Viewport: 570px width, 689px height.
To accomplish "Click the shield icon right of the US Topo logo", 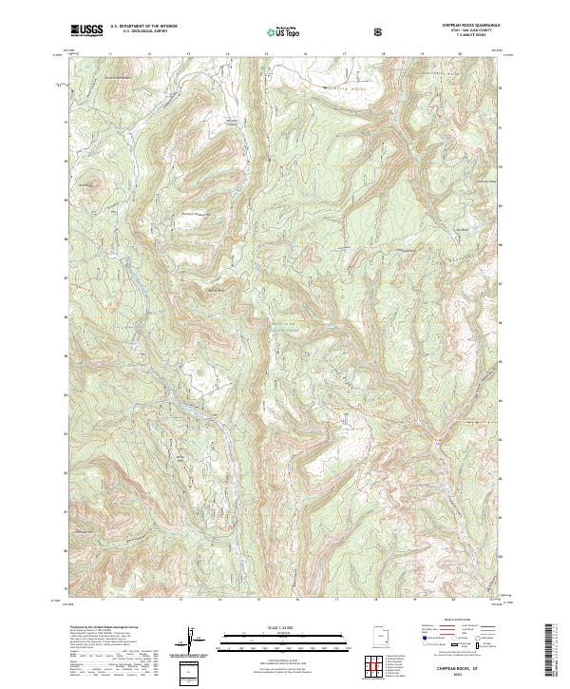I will click(x=380, y=31).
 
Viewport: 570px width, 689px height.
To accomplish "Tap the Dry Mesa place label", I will click(x=464, y=227).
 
